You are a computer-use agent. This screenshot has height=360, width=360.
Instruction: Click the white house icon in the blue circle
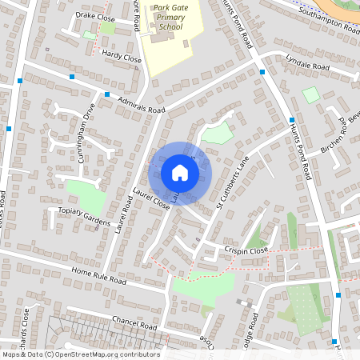point(180,173)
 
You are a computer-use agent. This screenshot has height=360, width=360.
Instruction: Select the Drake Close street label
point(95,16)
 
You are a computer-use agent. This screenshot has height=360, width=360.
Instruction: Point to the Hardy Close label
point(122,58)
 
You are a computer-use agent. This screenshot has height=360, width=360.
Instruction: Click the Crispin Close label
point(246,250)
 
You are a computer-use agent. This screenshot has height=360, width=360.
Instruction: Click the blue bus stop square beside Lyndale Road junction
point(262,72)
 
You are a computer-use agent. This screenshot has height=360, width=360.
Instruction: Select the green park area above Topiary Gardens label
point(86,194)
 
